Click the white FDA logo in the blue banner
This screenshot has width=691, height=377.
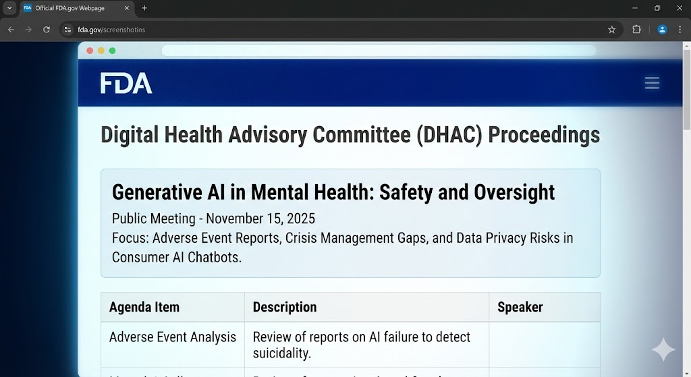[126, 83]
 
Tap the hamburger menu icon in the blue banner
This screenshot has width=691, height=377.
[652, 83]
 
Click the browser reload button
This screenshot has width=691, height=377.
[47, 30]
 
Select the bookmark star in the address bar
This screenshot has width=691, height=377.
[612, 30]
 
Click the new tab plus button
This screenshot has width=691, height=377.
[144, 8]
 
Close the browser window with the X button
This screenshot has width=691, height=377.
[679, 8]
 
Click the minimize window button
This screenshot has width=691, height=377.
[635, 8]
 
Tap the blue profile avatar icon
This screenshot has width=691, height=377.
[662, 30]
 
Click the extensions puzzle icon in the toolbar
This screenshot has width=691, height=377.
[636, 30]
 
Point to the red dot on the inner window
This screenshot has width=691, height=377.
[90, 51]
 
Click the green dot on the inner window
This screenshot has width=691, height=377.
[112, 51]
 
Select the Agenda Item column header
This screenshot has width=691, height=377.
[144, 308]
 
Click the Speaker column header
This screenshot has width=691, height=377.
[520, 308]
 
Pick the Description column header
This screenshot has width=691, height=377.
[284, 308]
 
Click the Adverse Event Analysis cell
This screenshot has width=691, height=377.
[173, 337]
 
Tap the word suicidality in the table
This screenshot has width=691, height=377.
[281, 353]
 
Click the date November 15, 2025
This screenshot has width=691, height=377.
[260, 219]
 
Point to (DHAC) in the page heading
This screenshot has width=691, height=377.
[449, 135]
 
